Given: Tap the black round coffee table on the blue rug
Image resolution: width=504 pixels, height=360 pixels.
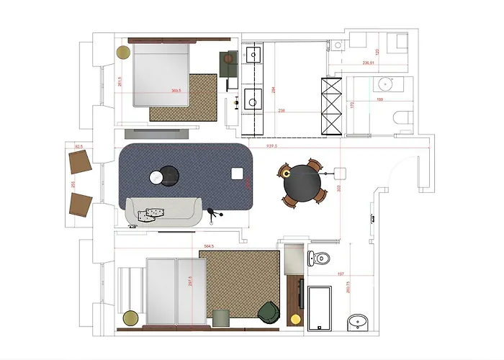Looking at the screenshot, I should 171,175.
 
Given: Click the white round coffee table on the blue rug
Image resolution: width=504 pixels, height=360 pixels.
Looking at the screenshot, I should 156,177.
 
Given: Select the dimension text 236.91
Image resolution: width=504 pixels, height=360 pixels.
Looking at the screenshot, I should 368,63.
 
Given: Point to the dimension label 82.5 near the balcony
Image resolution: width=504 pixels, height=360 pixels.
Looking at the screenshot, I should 79,146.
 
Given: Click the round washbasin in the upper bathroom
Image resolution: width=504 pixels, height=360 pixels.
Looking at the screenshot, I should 383,84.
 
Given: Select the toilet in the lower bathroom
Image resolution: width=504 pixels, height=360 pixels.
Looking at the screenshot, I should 319,257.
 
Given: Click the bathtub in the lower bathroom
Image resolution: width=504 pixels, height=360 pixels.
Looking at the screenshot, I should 319,308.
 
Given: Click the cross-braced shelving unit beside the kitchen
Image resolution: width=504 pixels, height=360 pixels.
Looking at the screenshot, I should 331,107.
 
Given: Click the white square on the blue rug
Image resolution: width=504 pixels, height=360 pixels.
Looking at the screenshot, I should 237,173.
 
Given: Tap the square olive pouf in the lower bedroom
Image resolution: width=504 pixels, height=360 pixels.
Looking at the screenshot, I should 220,318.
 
